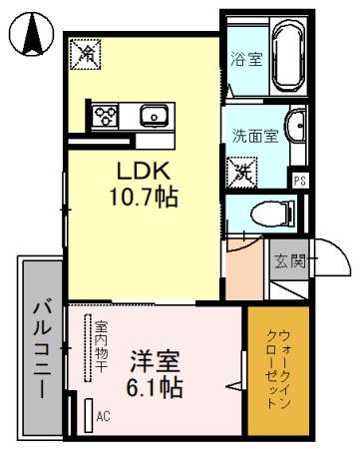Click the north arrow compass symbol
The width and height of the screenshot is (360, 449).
click(x=31, y=37)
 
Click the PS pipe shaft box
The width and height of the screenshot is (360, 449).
click(x=298, y=180)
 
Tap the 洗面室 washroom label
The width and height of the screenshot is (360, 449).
click(x=249, y=137)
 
